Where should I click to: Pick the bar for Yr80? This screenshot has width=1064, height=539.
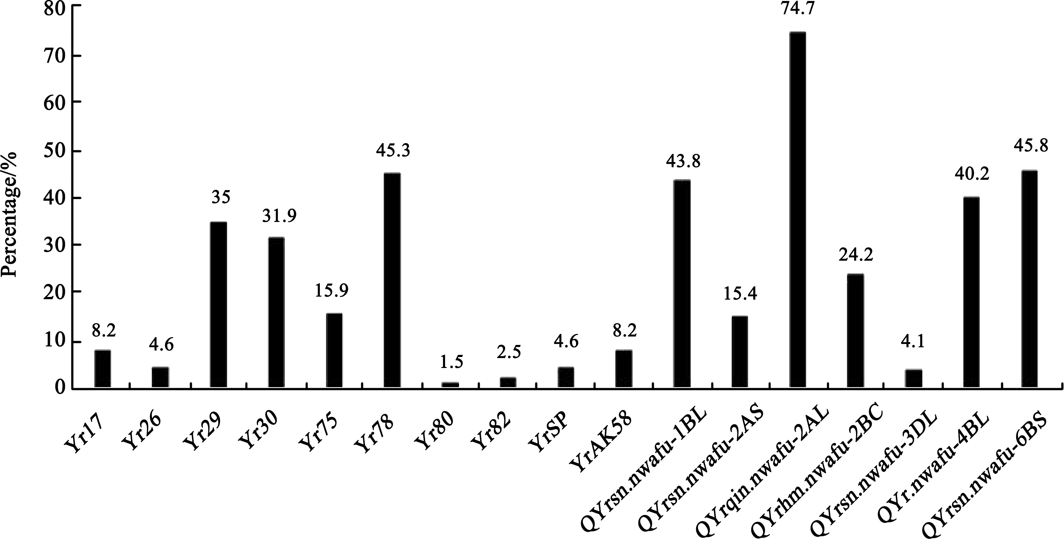(x=450, y=385)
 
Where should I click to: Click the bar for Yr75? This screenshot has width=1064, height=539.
(x=334, y=350)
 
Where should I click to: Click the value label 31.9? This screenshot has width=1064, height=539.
(x=279, y=216)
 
